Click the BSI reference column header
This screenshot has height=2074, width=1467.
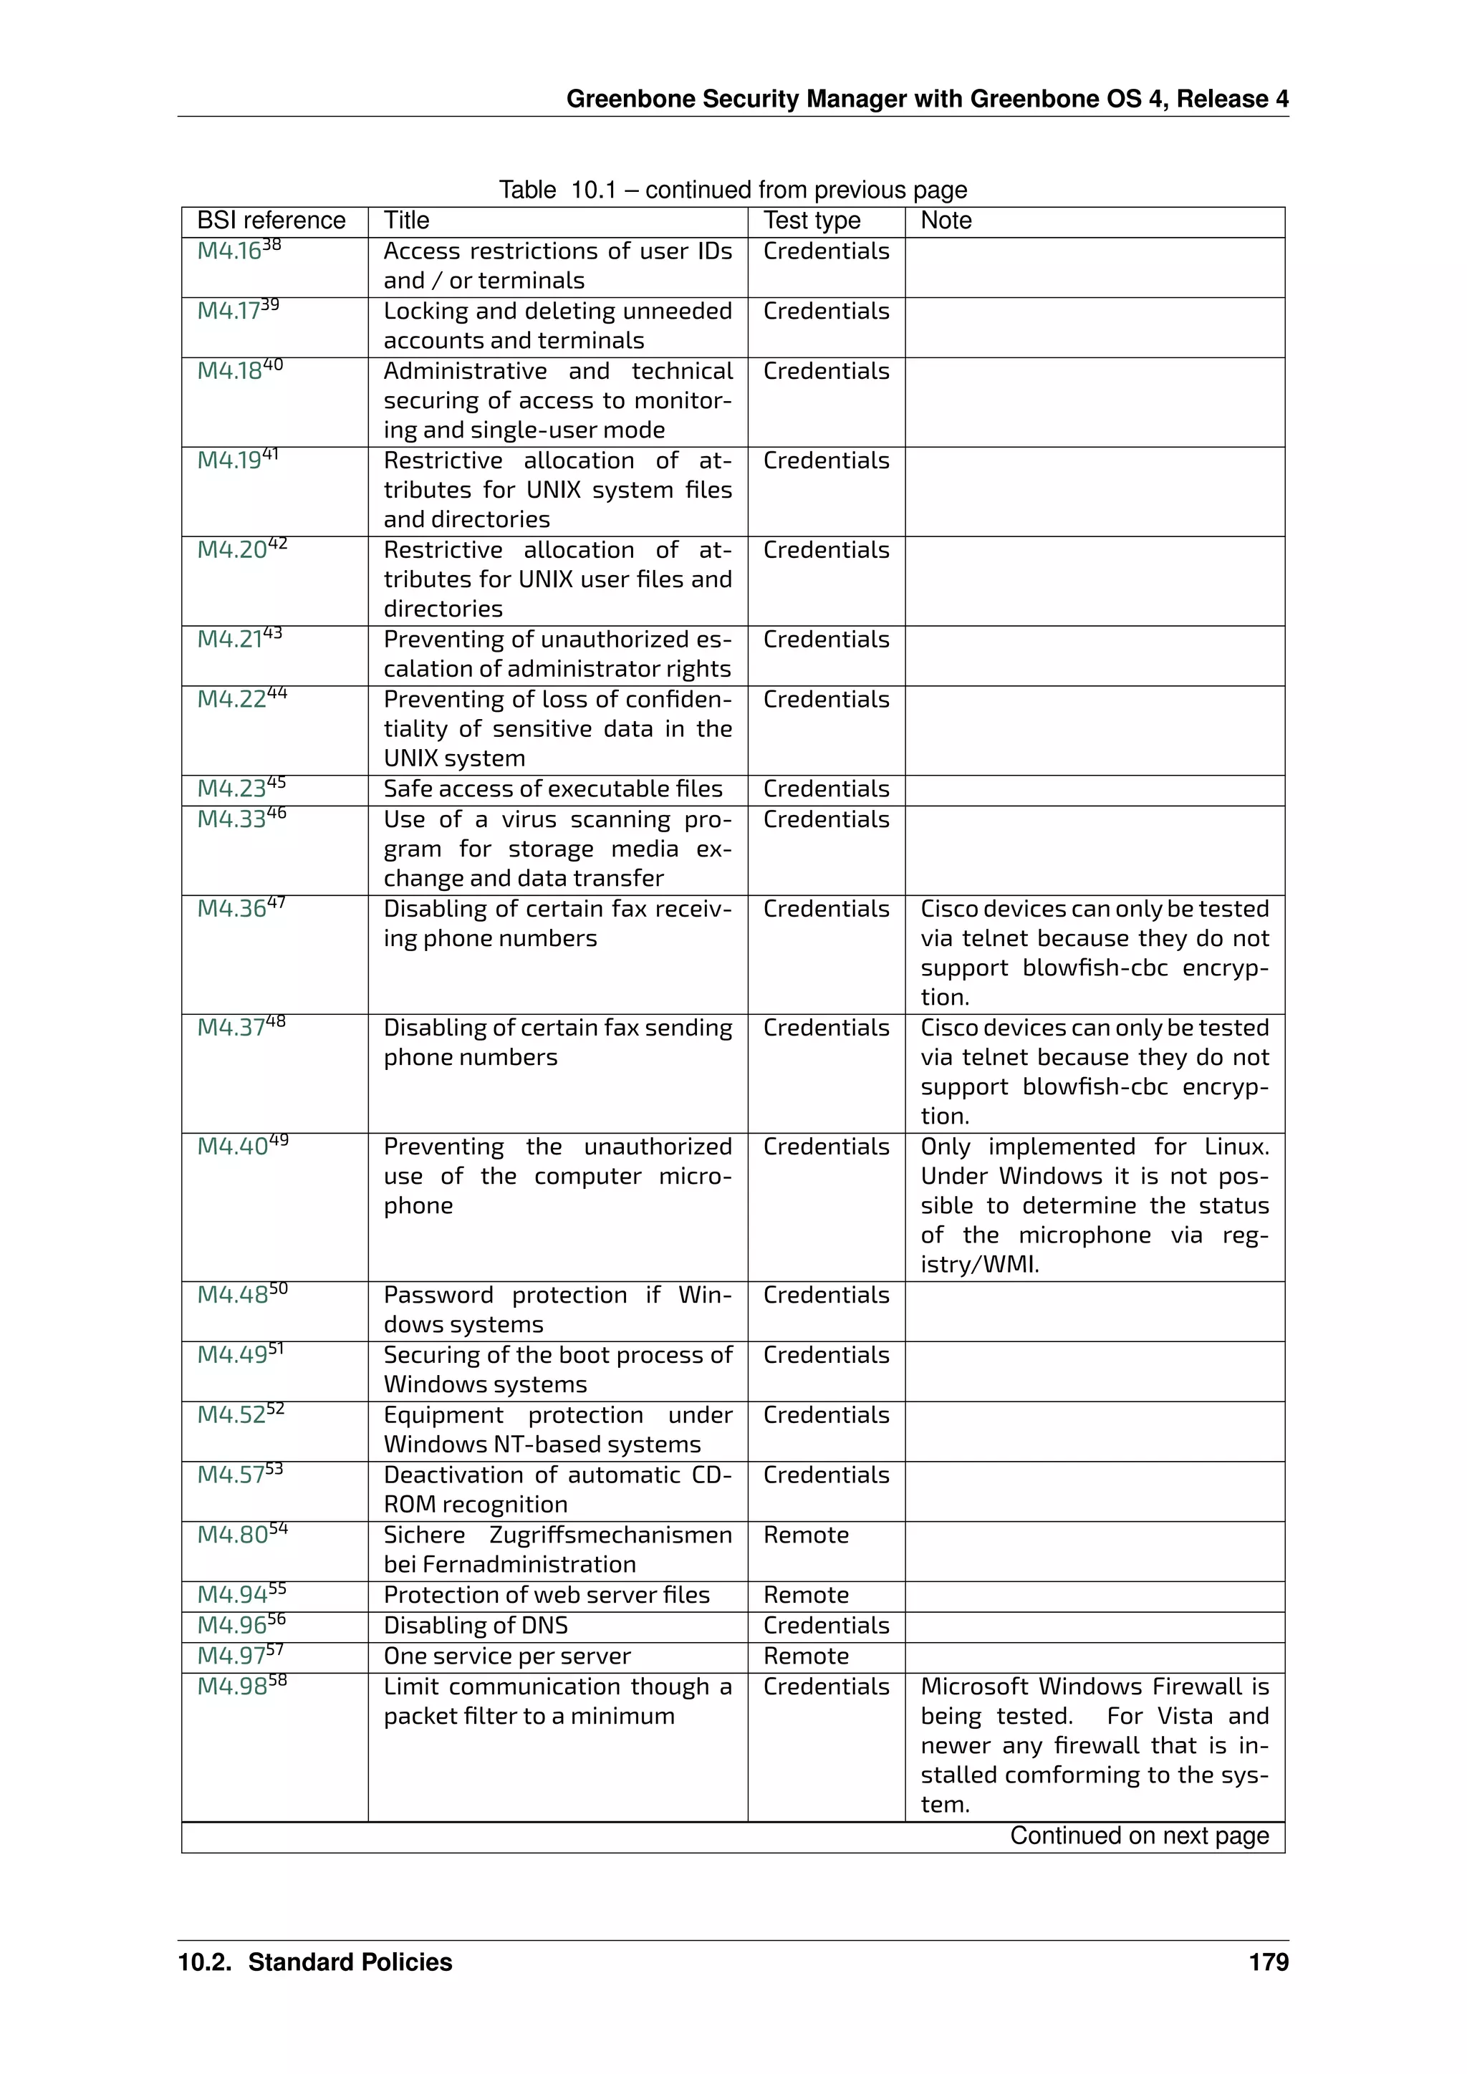[271, 221]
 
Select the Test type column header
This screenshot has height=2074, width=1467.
[811, 221]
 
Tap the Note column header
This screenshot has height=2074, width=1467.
[946, 221]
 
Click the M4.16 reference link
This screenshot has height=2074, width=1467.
[229, 252]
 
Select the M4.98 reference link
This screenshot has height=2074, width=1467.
[232, 1687]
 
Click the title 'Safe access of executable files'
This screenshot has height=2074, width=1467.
[553, 789]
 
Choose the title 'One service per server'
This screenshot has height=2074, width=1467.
[506, 1656]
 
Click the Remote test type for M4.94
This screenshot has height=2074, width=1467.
[806, 1595]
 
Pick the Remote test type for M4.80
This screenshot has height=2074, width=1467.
[806, 1535]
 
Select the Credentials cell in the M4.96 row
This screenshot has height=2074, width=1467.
[826, 1626]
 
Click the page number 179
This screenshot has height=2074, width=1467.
[1269, 1962]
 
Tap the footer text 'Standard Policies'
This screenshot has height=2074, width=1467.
[350, 1962]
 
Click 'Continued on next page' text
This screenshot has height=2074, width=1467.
[1138, 1836]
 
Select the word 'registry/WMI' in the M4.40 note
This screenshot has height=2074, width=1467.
[980, 1265]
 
